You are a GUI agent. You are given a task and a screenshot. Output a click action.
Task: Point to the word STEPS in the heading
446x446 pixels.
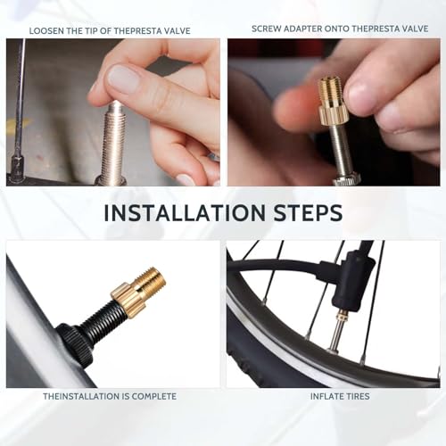[308, 212]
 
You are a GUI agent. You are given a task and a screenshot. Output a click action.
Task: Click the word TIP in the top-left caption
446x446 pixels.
[91, 31]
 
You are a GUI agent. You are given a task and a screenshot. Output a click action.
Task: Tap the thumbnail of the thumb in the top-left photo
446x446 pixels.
[123, 79]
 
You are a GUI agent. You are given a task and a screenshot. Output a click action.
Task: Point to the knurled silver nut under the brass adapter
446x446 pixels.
[346, 179]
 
